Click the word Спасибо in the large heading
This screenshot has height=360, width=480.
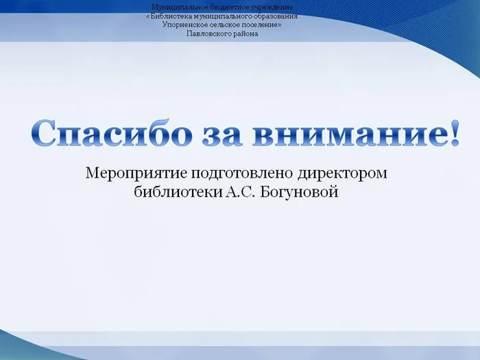[109, 133]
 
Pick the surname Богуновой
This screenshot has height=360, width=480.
[302, 193]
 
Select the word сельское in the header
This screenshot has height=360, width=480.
[226, 25]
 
